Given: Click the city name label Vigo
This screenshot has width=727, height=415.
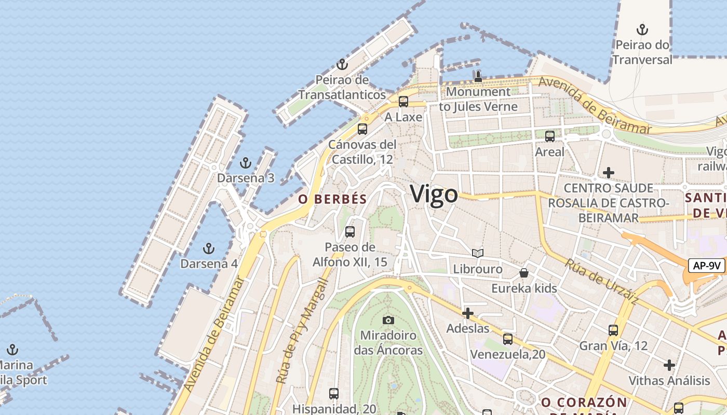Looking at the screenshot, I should coord(434,194).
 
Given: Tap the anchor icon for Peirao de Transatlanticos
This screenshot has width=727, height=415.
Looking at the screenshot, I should coord(342,64).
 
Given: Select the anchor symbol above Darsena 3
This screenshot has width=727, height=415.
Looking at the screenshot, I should coord(245,163).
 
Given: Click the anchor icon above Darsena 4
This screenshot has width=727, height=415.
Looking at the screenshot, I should coord(209,248).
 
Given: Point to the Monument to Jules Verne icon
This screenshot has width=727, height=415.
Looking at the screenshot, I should coord(478,77).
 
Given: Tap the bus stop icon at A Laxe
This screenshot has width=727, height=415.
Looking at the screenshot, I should coord(403,102).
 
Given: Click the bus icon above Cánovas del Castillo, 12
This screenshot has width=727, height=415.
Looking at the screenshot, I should coord(362,129).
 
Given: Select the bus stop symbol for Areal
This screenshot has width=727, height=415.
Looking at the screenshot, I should coord(549,136).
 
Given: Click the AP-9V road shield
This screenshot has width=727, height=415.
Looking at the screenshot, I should coord(706,266).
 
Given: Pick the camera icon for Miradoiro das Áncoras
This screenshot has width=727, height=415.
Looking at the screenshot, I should coord(388,320).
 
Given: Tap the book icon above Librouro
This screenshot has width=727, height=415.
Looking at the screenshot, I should coord(478,254).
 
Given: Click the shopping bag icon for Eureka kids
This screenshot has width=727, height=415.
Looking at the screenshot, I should coord(524,273).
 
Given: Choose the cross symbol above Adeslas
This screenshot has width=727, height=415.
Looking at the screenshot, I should coord(467,313).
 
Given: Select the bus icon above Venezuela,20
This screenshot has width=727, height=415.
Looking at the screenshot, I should coord(508,339).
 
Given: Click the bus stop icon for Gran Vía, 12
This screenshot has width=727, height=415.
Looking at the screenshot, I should coord(613,330).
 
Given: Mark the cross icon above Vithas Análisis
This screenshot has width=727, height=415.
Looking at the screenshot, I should coord(669,365).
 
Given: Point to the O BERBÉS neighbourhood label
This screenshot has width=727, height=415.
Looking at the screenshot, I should coord(332,199).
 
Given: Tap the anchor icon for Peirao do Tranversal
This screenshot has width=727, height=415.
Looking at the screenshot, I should coord(642,29).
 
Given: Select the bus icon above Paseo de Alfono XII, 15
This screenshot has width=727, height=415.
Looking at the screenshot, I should coord(350,231).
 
